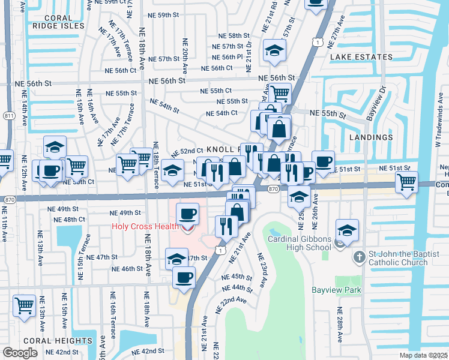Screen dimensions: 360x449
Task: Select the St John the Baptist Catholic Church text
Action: click(x=398, y=257)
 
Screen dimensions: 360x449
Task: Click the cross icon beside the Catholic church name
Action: click(x=359, y=257)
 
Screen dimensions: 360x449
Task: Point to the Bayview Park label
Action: click(x=336, y=290)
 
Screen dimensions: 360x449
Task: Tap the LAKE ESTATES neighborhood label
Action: click(x=361, y=57)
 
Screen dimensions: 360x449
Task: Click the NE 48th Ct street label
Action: click(x=70, y=220)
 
